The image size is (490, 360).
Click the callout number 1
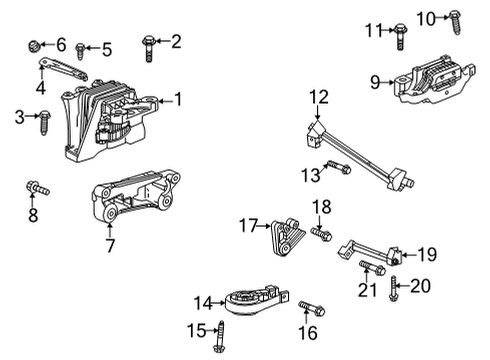click(179, 98)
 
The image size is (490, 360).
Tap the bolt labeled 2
click(148, 43)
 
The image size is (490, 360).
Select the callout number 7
click(109, 243)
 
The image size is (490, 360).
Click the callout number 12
click(318, 97)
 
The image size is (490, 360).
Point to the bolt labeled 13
click(337, 168)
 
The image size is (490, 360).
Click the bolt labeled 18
click(321, 234)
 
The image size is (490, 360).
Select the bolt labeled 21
click(366, 267)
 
